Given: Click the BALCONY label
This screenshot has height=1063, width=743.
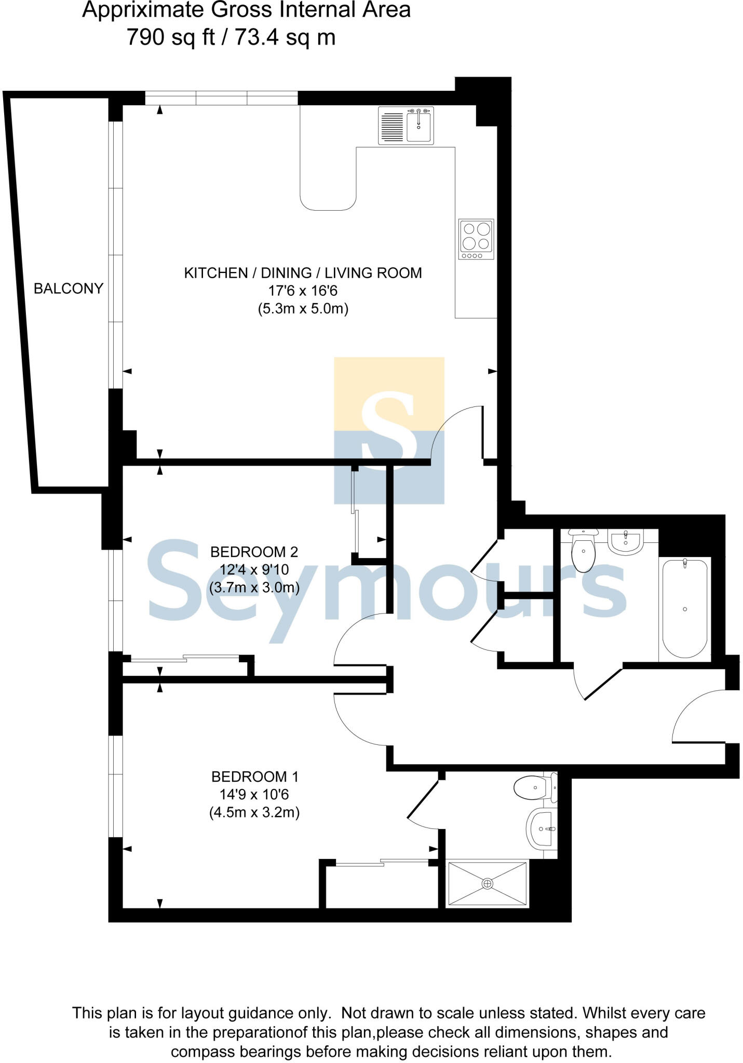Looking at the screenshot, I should [x=68, y=289].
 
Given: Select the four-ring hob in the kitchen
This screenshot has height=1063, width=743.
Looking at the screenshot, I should [x=476, y=239].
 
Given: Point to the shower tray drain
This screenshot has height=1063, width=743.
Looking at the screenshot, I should [x=487, y=883].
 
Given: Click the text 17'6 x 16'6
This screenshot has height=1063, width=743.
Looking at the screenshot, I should [x=303, y=291].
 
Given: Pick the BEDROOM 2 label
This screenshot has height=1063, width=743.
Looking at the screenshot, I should [x=254, y=552].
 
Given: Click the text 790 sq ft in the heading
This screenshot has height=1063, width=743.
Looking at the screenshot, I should [x=171, y=37].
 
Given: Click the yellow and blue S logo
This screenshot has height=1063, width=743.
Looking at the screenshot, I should [x=389, y=430].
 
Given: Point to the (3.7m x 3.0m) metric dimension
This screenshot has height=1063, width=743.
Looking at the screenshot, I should [x=254, y=588].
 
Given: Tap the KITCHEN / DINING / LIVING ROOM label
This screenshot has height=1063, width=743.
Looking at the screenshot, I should [x=303, y=273].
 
